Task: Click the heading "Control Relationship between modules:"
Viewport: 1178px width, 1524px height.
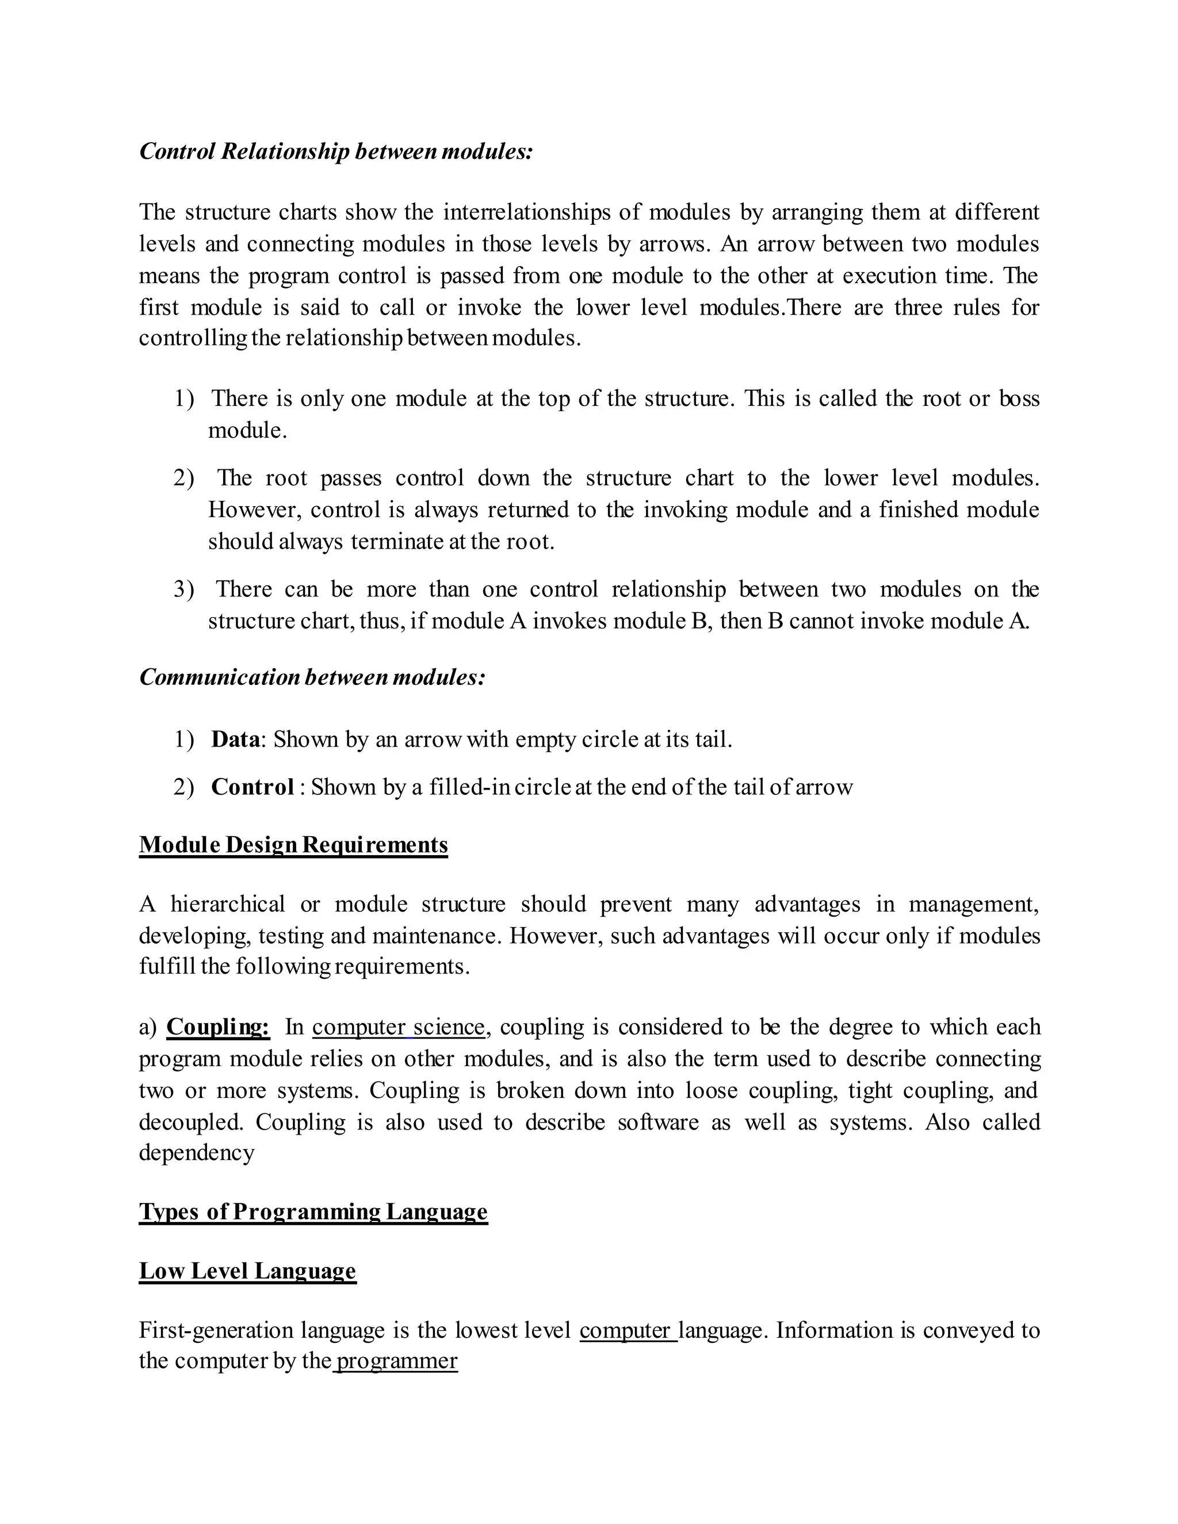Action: (336, 151)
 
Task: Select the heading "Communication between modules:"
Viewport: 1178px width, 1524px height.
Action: (312, 677)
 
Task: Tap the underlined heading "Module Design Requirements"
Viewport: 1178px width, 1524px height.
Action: (293, 845)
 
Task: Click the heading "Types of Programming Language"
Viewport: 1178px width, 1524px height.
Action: (313, 1211)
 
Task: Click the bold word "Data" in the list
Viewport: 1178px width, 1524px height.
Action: (235, 739)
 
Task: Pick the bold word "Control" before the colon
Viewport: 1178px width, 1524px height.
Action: (252, 787)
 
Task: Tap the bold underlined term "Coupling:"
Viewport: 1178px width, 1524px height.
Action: (218, 1027)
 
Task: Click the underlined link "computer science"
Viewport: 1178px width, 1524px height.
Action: (398, 1027)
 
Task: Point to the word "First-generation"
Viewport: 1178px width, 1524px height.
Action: (216, 1330)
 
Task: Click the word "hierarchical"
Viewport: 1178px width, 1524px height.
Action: (228, 905)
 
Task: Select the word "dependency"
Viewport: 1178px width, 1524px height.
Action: (196, 1152)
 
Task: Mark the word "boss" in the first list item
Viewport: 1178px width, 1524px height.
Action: (1020, 399)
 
